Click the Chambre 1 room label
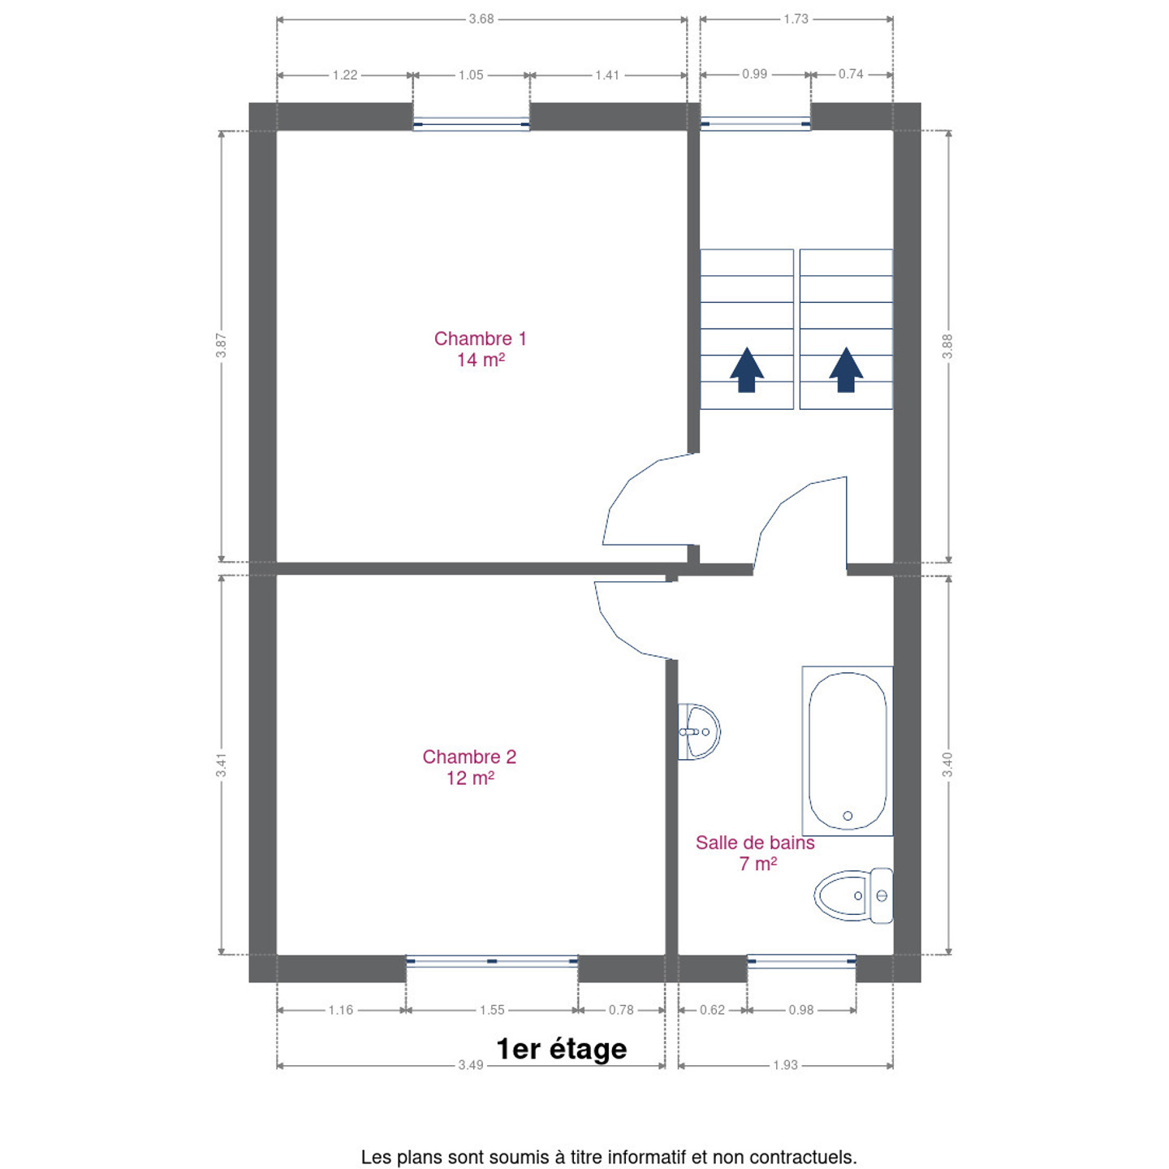pyautogui.click(x=480, y=348)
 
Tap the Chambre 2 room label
pyautogui.click(x=469, y=767)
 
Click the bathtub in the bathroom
pyautogui.click(x=848, y=750)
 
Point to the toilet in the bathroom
pyautogui.click(x=853, y=895)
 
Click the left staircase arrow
pyautogui.click(x=747, y=370)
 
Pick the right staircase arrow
pyautogui.click(x=846, y=370)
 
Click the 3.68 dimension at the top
pyautogui.click(x=481, y=19)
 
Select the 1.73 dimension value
pyautogui.click(x=796, y=19)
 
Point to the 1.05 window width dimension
pyautogui.click(x=471, y=75)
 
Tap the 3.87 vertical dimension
pyautogui.click(x=222, y=345)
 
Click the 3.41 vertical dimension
pyautogui.click(x=222, y=765)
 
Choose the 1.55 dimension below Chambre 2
pyautogui.click(x=492, y=1010)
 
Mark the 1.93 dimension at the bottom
pyautogui.click(x=785, y=1065)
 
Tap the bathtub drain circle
pyautogui.click(x=848, y=816)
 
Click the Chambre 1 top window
pyautogui.click(x=472, y=124)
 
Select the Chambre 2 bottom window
pyautogui.click(x=492, y=961)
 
